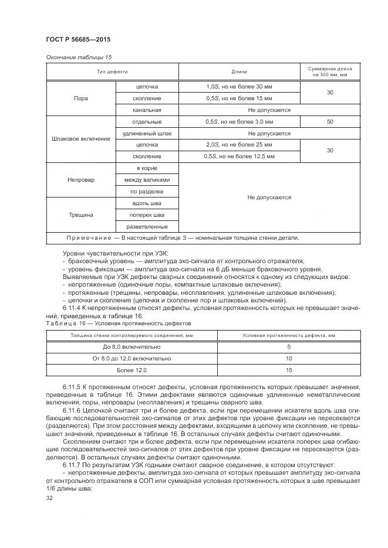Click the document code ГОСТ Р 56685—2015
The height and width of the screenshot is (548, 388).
click(78, 39)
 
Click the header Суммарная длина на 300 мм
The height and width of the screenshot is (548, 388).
click(329, 72)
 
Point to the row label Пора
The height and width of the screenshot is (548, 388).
click(81, 98)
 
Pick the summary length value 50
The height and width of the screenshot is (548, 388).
click(329, 121)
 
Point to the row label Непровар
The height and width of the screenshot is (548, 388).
click(81, 179)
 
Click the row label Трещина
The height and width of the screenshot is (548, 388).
click(81, 215)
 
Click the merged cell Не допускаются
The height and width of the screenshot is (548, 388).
click(269, 198)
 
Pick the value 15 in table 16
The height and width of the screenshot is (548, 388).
click(289, 370)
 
